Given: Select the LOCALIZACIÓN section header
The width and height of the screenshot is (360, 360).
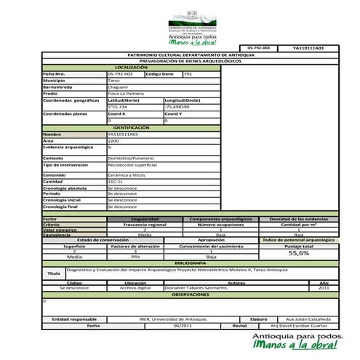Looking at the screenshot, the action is pyautogui.click(x=135, y=68).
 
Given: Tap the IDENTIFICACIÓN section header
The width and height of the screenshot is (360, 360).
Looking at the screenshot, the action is pyautogui.click(x=135, y=127).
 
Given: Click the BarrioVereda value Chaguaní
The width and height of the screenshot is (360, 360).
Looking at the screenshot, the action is pyautogui.click(x=119, y=87).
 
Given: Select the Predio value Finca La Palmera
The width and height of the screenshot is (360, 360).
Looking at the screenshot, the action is pyautogui.click(x=124, y=93).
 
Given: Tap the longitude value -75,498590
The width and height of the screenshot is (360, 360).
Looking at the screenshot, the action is pyautogui.click(x=180, y=106).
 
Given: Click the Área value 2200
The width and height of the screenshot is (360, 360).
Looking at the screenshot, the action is pyautogui.click(x=113, y=140).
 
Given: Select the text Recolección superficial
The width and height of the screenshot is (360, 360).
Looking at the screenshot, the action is pyautogui.click(x=133, y=165).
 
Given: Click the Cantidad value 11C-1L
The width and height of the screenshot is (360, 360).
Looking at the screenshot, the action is pyautogui.click(x=116, y=182).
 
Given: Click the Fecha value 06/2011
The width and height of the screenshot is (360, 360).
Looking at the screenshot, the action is pyautogui.click(x=183, y=326).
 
